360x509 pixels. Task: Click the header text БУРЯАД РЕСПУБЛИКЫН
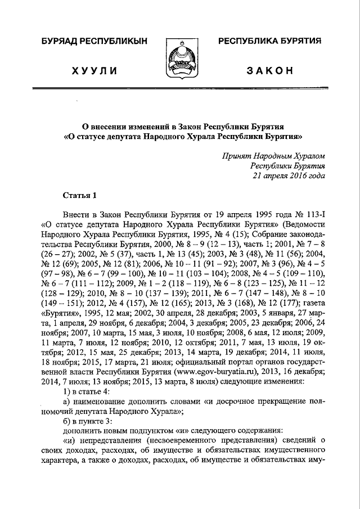92,42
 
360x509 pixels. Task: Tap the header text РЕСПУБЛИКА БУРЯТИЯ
269,41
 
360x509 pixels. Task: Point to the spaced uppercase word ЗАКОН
270,70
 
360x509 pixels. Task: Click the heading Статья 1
80,195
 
